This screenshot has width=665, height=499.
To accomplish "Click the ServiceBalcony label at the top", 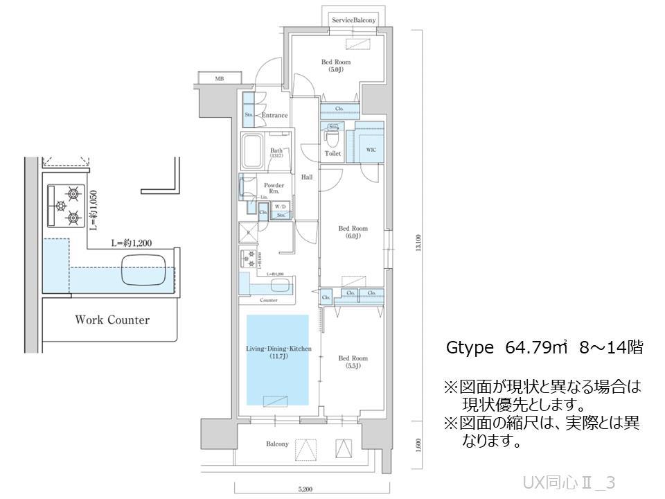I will point(353,21).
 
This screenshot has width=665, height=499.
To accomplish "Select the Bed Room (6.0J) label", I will point(353,231).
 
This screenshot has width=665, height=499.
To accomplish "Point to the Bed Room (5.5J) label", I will point(353,362).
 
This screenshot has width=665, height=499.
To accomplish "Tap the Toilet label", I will point(332,153).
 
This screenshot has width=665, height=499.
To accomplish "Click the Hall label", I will point(307,177).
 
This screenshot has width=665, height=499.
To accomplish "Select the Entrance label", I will point(275,115).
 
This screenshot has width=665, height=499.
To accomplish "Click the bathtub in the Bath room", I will point(251,150).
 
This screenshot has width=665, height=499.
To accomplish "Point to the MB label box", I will point(219,79).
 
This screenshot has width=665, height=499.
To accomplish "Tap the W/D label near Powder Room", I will point(281,207).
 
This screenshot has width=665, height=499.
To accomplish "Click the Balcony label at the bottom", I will point(277,444).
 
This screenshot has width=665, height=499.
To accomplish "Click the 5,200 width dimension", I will point(305,489).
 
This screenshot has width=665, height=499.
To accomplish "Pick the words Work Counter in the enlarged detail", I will point(112,320).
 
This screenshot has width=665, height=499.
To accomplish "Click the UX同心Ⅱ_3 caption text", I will point(569,482).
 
